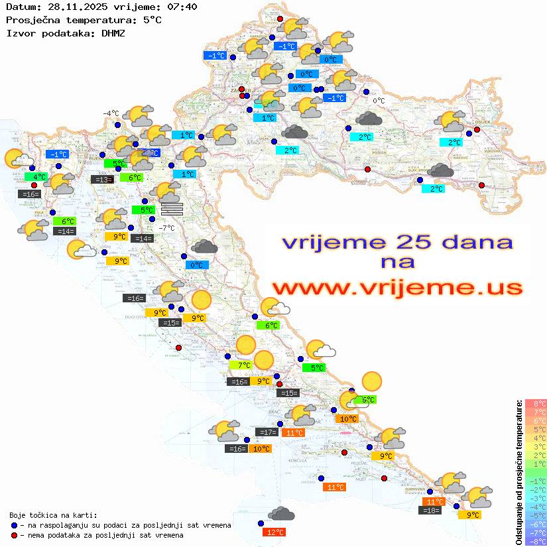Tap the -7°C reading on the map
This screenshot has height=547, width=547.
166,227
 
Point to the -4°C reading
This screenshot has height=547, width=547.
110,113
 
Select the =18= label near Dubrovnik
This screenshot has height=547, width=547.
431,510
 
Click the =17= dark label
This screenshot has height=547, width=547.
267,432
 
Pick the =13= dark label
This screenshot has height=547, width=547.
101,179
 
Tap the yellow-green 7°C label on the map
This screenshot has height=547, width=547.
240,365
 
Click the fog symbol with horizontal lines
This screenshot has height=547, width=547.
171,209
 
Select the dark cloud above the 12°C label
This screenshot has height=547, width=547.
282,514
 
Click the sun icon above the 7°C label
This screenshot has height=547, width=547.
246,345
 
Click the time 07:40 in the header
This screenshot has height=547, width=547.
182,7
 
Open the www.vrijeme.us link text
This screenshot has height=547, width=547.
397,288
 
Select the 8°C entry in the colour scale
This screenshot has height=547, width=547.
535,403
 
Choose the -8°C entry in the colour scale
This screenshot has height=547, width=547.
535,542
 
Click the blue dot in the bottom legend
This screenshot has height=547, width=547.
15,525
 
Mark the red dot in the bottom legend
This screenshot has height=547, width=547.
15,535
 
